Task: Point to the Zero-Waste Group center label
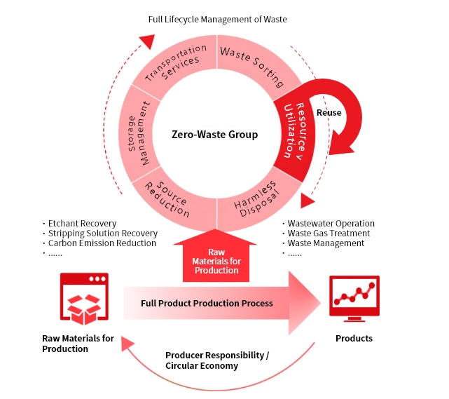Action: [215, 134]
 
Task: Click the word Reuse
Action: [329, 112]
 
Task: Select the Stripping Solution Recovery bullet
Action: [102, 234]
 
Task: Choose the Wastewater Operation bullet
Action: [333, 224]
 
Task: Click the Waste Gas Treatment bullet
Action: [329, 234]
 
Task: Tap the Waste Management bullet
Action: [326, 243]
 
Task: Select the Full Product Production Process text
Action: [207, 304]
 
